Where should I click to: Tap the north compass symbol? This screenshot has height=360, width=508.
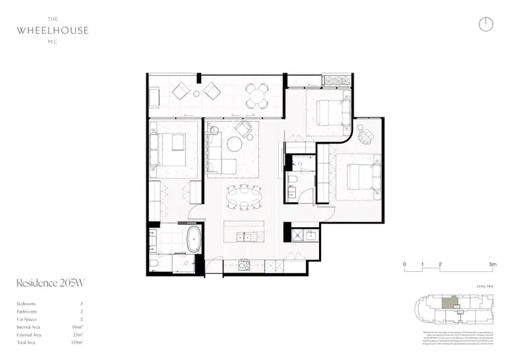tap(485, 24)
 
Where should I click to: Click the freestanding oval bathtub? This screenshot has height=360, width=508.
tap(194, 241)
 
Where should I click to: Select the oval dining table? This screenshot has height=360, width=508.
tap(244, 199)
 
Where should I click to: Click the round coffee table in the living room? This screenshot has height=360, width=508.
tap(234, 143)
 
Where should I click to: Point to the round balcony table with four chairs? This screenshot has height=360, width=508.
tap(255, 96)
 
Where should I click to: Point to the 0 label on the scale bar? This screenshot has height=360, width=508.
tap(404, 263)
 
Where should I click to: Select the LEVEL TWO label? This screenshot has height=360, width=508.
tap(485, 287)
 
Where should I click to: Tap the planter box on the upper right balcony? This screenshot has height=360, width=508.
tap(336, 81)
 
